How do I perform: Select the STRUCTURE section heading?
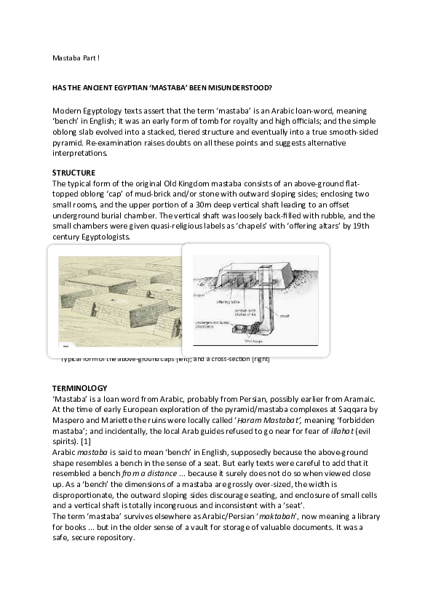74,173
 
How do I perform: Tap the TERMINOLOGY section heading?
80,388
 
